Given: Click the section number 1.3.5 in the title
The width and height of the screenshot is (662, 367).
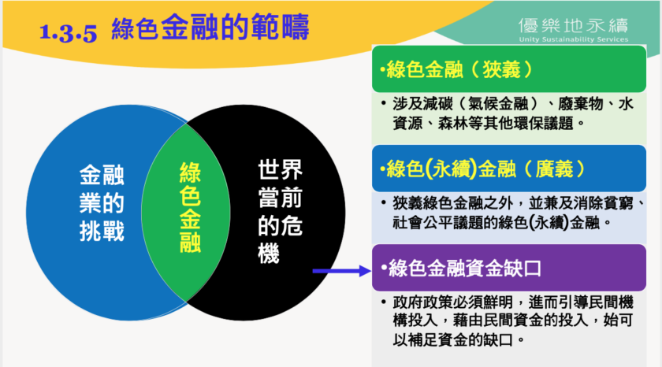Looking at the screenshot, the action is [68, 32].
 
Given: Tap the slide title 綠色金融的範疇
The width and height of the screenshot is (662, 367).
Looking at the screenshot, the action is [210, 28].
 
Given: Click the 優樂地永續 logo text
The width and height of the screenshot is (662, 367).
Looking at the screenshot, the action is [574, 26].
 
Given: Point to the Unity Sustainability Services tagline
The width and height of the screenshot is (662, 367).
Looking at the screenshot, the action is [574, 39].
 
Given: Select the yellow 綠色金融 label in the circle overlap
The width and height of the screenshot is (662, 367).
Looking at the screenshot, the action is [190, 207].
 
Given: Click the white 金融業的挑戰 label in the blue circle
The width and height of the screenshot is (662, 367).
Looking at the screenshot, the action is [102, 203].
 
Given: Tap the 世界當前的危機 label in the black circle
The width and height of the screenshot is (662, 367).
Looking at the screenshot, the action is [280, 211].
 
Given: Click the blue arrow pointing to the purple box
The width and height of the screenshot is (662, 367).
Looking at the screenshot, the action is [342, 271].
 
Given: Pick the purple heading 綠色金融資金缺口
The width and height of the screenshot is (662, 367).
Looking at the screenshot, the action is [461, 269].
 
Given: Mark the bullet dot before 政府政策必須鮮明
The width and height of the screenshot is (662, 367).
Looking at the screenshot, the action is [383, 302].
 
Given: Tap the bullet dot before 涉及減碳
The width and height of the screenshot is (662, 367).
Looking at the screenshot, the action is [383, 103].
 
